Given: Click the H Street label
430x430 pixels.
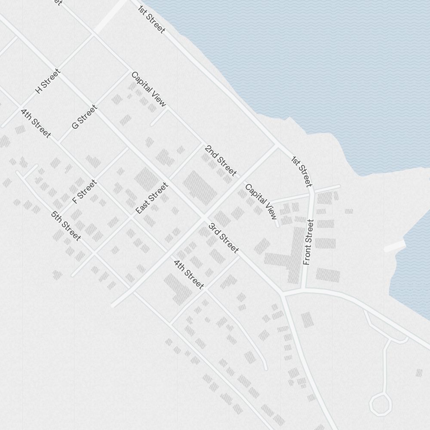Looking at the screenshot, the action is (x=48, y=81).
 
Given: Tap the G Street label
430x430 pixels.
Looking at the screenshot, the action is (x=84, y=117).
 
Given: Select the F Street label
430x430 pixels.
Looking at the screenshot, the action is (x=85, y=192).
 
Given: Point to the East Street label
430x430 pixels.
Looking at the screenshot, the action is (x=151, y=198).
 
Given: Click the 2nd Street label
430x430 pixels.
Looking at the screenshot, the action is (x=221, y=161).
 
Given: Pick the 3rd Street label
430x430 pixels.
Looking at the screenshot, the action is (x=223, y=238).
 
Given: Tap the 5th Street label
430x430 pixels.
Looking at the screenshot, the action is (x=66, y=226).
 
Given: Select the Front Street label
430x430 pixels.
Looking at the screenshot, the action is (x=308, y=242).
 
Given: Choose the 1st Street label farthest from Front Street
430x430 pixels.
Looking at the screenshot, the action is (x=152, y=19).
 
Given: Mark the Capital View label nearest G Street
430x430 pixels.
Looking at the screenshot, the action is (x=148, y=89).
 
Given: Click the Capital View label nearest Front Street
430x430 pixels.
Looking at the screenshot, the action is (x=261, y=201).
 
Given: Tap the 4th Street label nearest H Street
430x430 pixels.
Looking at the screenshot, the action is (x=36, y=123).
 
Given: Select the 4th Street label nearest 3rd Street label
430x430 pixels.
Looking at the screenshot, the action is (x=188, y=274).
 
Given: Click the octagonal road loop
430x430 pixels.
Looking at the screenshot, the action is (x=381, y=404).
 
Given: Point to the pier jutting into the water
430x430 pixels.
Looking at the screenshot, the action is (x=395, y=246).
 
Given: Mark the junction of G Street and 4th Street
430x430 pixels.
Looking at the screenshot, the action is (x=59, y=143).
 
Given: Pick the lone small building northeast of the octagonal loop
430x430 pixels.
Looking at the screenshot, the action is (x=419, y=373).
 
